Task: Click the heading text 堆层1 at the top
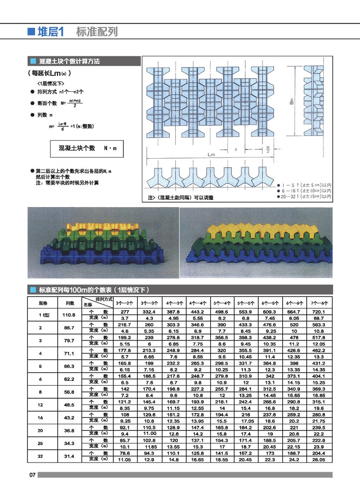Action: (x=51, y=32)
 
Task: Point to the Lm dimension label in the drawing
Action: (x=211, y=155)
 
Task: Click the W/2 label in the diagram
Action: (x=267, y=149)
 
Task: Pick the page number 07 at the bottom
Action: (x=33, y=475)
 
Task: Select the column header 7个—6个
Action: (x=319, y=303)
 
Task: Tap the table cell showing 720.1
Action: (x=319, y=312)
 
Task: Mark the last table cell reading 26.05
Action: (x=319, y=460)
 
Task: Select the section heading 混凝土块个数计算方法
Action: (x=70, y=61)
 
